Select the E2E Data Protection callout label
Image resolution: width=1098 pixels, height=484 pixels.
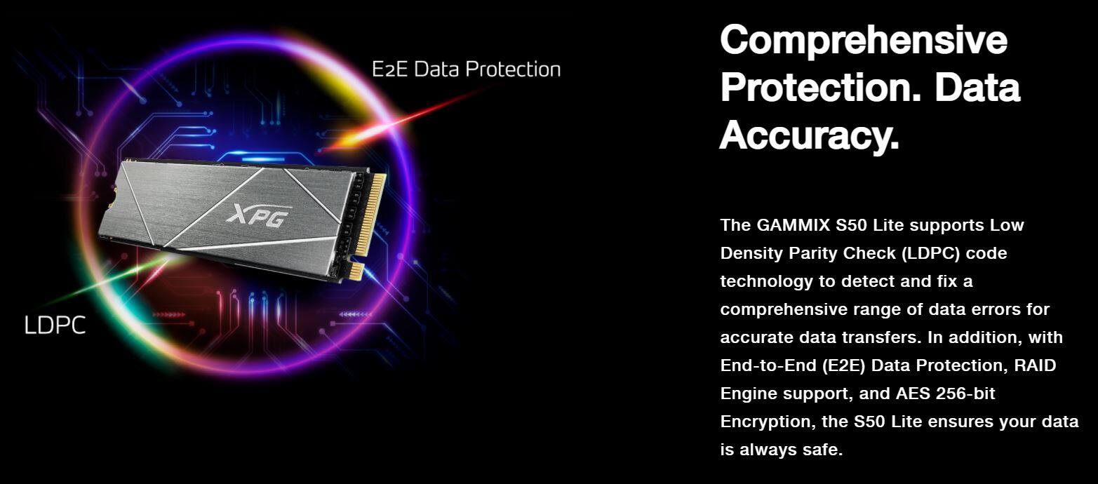[x=466, y=69]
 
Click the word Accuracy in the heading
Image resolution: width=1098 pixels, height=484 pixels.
[x=809, y=135]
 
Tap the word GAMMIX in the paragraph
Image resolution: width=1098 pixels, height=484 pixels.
[x=794, y=225]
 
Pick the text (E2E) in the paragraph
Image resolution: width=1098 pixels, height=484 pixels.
[x=844, y=365]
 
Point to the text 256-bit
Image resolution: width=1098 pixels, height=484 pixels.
[x=965, y=394]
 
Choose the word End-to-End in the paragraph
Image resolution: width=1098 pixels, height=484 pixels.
[x=769, y=365]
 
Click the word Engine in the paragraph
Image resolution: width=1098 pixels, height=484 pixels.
[x=749, y=394]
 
